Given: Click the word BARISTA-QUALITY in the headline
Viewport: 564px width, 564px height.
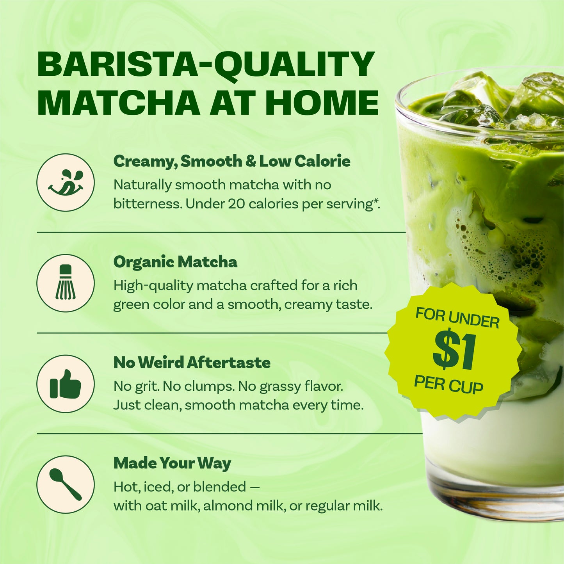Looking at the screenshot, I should [206, 64].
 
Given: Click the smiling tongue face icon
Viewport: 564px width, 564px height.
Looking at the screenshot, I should [66, 182].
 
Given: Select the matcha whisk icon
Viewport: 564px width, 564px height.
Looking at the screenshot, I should [66, 283].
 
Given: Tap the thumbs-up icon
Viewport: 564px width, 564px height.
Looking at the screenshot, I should [66, 384].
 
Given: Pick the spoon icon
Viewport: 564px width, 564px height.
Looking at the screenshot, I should [66, 484].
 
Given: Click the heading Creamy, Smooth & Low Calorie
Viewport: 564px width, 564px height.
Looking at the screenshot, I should [231, 161].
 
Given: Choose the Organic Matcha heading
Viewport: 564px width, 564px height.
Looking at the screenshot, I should [175, 262].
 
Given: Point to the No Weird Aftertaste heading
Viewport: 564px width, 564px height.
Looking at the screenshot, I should [192, 363].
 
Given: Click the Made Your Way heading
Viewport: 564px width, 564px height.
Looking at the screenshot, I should [172, 463].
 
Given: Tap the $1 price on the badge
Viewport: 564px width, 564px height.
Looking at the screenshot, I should [455, 352].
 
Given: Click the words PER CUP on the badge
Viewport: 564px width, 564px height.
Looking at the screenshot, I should [448, 385].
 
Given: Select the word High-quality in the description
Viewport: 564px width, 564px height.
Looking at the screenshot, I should [153, 286].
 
